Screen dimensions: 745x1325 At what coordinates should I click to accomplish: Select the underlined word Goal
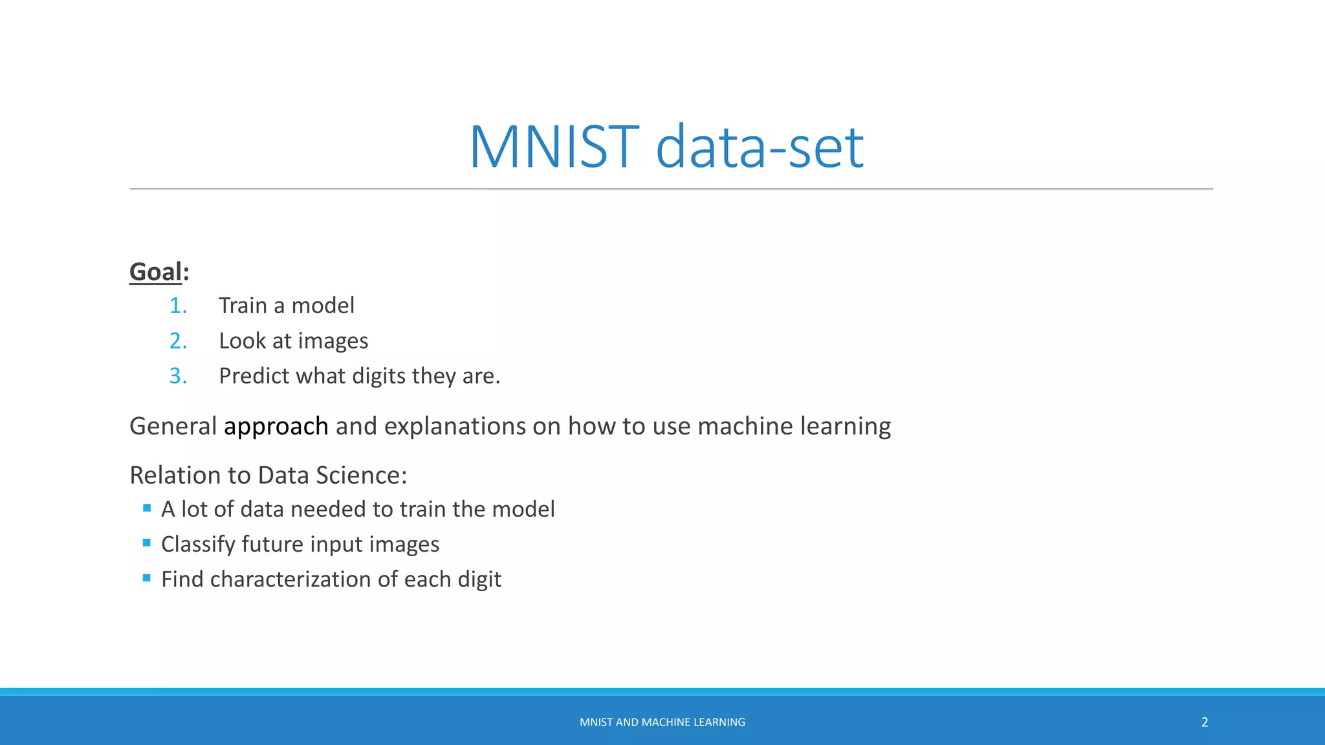(x=155, y=272)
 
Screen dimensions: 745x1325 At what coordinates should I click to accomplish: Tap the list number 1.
(x=178, y=306)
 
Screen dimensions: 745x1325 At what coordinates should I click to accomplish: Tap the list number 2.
(x=178, y=341)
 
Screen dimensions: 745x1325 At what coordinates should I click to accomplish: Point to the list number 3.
(x=178, y=376)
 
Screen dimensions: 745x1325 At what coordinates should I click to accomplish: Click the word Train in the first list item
(x=242, y=306)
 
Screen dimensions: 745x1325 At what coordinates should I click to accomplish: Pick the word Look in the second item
(x=242, y=341)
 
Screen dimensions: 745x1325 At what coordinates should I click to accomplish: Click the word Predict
(x=254, y=376)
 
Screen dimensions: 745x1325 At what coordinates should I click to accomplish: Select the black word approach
(x=276, y=427)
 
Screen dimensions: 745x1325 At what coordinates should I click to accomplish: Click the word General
(x=173, y=427)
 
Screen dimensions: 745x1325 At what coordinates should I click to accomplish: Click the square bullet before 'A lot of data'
(x=147, y=508)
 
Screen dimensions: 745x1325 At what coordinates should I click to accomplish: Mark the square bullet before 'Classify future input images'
(x=147, y=543)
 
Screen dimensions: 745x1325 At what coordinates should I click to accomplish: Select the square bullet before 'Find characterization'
(x=147, y=578)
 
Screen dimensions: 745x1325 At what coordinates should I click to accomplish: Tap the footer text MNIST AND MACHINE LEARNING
(x=662, y=722)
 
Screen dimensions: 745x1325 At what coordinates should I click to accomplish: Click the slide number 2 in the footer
(x=1205, y=722)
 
